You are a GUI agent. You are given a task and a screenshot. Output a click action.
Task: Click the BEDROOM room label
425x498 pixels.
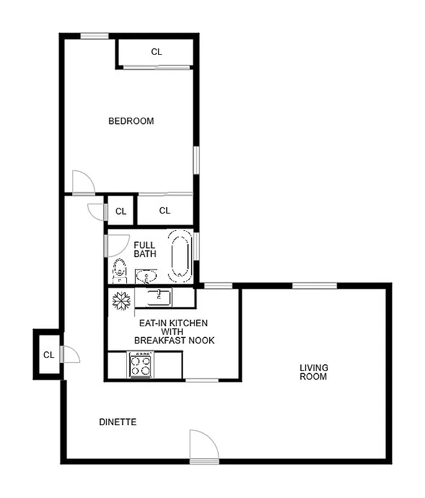pos(131,121)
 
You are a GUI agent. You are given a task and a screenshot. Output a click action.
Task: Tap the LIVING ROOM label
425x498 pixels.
pos(313,372)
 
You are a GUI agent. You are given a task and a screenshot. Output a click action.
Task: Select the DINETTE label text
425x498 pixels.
pos(118,423)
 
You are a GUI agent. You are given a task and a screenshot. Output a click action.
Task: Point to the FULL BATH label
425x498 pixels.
pos(144,250)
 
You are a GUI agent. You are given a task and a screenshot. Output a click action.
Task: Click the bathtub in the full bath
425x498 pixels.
pos(180,255)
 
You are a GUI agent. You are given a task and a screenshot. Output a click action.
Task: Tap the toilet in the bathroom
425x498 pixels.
pos(119,271)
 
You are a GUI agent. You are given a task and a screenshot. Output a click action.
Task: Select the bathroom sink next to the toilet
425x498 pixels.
pos(146,275)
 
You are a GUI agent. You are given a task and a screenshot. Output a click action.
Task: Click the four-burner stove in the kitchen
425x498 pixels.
pos(141,365)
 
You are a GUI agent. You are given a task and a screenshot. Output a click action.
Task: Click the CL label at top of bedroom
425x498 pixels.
pos(156,52)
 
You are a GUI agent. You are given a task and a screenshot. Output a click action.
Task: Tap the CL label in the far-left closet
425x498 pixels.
pos(49,355)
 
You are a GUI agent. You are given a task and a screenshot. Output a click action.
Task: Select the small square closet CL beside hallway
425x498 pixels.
pos(121,212)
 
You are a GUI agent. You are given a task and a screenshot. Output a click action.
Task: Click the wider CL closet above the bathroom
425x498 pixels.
pos(164,211)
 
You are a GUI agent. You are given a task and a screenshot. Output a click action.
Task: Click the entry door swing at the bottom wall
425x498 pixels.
pos(203,446)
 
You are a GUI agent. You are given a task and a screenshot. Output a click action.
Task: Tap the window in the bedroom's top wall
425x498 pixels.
pos(95,36)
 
